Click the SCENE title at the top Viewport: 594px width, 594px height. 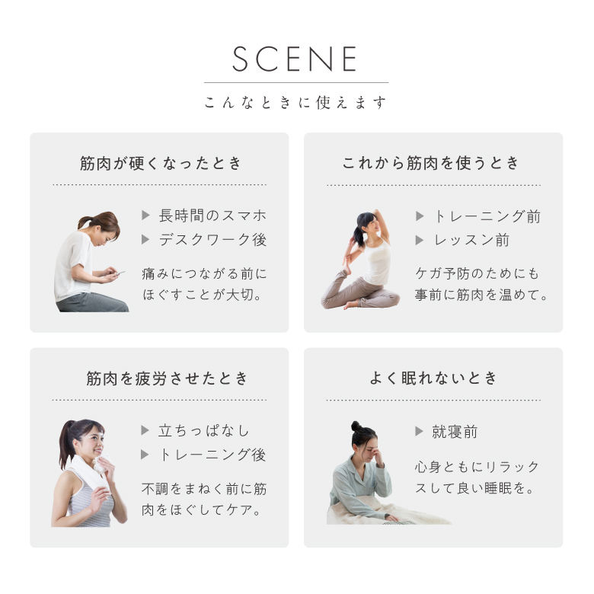tap(295, 59)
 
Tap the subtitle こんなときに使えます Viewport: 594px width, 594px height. tap(295, 102)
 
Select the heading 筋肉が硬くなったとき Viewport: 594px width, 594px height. tap(160, 163)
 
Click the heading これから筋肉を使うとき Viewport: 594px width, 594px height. tap(431, 163)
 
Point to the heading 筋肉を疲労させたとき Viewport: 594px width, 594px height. tap(167, 378)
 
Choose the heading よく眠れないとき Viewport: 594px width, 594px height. tap(433, 378)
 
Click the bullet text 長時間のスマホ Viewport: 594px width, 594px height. tap(212, 216)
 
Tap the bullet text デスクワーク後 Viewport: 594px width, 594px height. tap(212, 239)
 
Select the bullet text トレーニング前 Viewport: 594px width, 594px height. tap(487, 216)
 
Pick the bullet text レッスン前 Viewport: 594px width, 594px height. tap(471, 240)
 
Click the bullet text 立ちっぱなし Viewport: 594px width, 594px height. tap(204, 431)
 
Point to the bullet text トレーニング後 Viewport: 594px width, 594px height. tap(212, 455)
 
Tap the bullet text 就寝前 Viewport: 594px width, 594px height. tap(455, 432)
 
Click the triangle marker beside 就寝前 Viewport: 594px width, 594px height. tap(419, 431)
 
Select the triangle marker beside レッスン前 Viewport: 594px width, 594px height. tap(419, 240)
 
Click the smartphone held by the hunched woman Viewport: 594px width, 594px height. tap(120, 273)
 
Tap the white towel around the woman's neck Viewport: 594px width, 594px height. tap(91, 470)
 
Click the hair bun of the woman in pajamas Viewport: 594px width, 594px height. tap(356, 426)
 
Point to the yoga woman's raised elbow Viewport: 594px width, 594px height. tap(375, 212)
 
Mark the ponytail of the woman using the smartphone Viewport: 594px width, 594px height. tap(84, 222)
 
